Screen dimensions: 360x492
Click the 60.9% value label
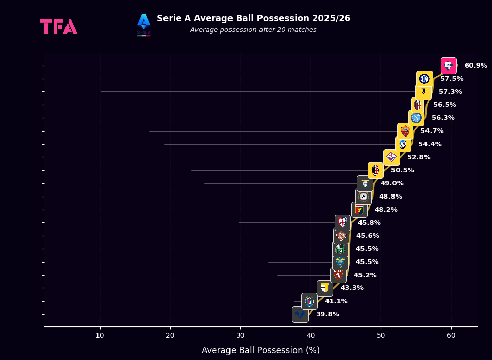(x=475, y=66)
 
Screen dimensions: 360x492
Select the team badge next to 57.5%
(x=424, y=79)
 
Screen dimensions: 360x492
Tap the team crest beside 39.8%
(x=300, y=314)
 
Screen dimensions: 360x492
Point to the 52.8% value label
(x=418, y=157)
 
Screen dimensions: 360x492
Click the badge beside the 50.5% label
(x=375, y=170)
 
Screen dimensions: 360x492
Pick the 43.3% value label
(x=352, y=288)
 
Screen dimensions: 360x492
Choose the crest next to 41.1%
(x=309, y=301)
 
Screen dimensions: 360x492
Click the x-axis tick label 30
(x=241, y=335)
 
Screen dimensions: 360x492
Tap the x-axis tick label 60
(x=451, y=335)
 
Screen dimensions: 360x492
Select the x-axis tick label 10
(x=100, y=335)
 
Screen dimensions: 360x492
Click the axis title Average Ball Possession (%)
(x=260, y=350)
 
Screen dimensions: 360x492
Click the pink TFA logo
(x=58, y=26)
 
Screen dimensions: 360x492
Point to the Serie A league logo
(x=144, y=24)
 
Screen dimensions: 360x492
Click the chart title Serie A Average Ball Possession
(x=253, y=18)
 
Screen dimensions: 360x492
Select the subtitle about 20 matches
(x=253, y=30)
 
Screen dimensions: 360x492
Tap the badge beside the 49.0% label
(x=365, y=183)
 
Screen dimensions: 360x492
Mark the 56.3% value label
(x=443, y=118)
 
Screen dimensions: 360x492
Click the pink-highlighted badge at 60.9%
(x=448, y=66)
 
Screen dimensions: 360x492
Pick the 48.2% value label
(x=386, y=210)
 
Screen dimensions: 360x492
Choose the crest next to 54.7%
(x=405, y=131)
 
